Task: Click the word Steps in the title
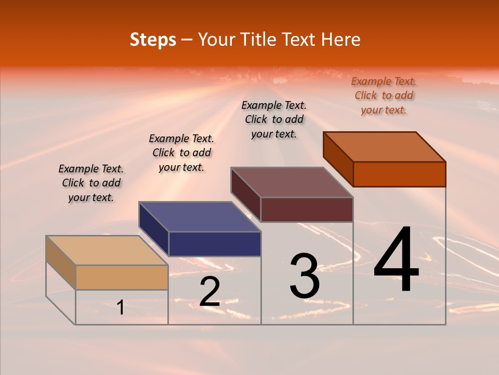(x=152, y=40)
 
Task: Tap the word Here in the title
(x=340, y=40)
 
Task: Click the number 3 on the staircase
(x=305, y=276)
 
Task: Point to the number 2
(x=209, y=292)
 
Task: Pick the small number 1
(x=121, y=307)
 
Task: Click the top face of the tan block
(x=107, y=251)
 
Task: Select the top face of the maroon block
(x=292, y=182)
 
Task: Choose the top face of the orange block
(x=384, y=146)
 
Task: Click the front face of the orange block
(x=399, y=174)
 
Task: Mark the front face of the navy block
(x=215, y=244)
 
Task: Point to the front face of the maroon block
(x=307, y=209)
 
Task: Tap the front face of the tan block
(x=122, y=277)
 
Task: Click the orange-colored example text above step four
(x=384, y=95)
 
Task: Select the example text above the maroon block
(x=274, y=119)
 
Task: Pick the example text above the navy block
(x=181, y=153)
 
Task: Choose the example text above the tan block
(x=91, y=183)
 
